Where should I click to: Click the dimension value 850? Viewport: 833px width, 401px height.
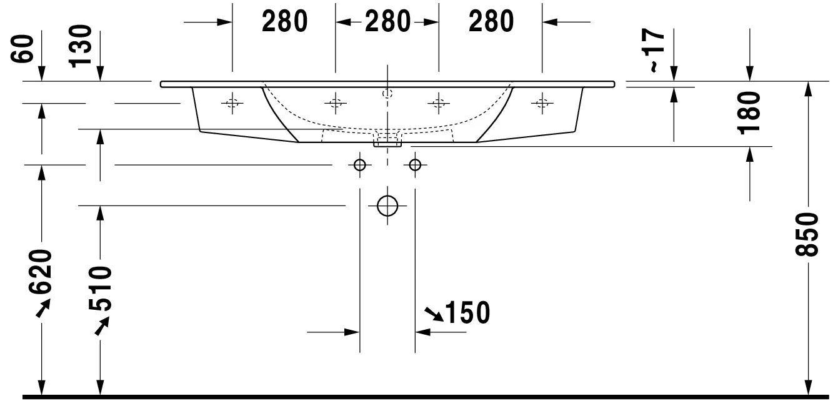click(x=807, y=234)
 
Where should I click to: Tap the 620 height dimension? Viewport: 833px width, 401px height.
click(x=40, y=272)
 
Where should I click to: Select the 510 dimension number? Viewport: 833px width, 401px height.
click(x=100, y=289)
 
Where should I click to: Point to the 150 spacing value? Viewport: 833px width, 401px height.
click(x=467, y=312)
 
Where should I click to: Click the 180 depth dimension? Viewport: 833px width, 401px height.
click(x=749, y=113)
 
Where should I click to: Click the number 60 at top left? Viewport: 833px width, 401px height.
click(x=22, y=49)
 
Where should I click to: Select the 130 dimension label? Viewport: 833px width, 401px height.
click(x=80, y=46)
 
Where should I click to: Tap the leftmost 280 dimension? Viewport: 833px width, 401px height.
click(x=285, y=21)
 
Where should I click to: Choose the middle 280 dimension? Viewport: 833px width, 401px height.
click(x=387, y=21)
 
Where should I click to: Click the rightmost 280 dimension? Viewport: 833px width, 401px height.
click(x=491, y=21)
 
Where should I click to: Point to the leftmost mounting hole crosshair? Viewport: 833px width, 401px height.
click(x=232, y=103)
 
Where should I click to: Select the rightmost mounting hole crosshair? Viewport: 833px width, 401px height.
click(x=542, y=103)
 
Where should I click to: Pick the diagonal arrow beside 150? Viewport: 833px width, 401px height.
click(x=434, y=314)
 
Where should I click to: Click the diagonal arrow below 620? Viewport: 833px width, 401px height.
click(x=43, y=308)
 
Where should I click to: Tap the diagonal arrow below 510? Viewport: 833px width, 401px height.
click(x=102, y=326)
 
